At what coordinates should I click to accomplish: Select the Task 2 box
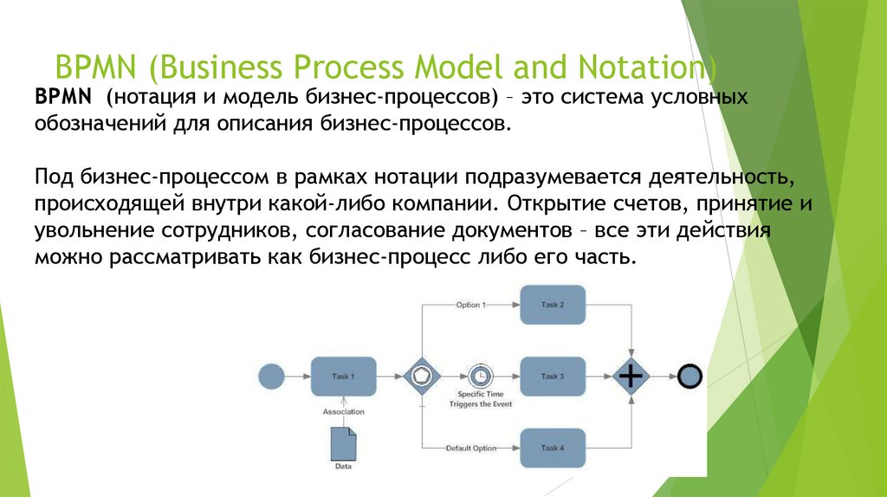pyautogui.click(x=553, y=305)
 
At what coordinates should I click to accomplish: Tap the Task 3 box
pyautogui.click(x=553, y=376)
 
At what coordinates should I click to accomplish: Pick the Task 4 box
pyautogui.click(x=553, y=448)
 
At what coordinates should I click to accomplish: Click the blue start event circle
pyautogui.click(x=271, y=377)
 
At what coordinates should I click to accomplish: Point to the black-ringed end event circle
pyautogui.click(x=690, y=377)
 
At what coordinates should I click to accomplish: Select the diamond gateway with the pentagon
pyautogui.click(x=422, y=377)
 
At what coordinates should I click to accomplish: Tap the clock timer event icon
pyautogui.click(x=479, y=377)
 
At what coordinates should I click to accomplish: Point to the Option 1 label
pyautogui.click(x=470, y=305)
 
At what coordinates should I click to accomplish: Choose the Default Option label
pyautogui.click(x=471, y=448)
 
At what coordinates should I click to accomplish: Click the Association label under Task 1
pyautogui.click(x=344, y=411)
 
